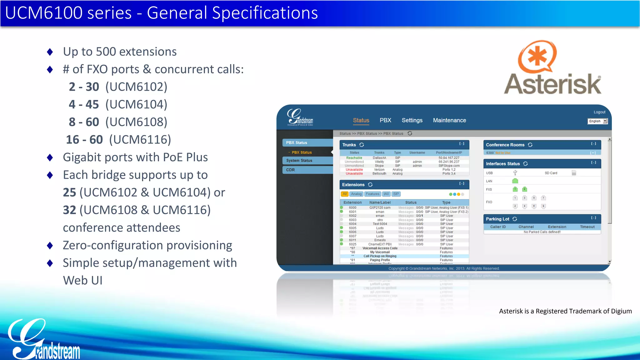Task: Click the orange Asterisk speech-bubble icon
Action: [x=537, y=57]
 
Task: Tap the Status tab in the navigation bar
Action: [x=361, y=120]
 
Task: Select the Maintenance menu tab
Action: [x=449, y=120]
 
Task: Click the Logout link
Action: [x=599, y=112]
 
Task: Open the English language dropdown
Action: [x=597, y=121]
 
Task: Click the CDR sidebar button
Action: [x=290, y=170]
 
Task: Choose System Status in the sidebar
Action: [x=299, y=161]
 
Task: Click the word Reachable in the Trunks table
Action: [x=354, y=158]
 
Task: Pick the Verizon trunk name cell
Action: [x=379, y=170]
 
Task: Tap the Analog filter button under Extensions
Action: [x=356, y=194]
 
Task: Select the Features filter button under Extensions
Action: [x=372, y=194]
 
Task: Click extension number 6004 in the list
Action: [x=352, y=224]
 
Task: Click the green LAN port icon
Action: [x=515, y=181]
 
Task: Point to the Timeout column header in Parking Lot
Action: [x=587, y=227]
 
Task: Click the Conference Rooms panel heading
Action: [x=505, y=145]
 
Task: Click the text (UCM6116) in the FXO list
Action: [x=140, y=140]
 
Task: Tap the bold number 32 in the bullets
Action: [x=69, y=210]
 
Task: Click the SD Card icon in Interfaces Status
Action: [x=574, y=173]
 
